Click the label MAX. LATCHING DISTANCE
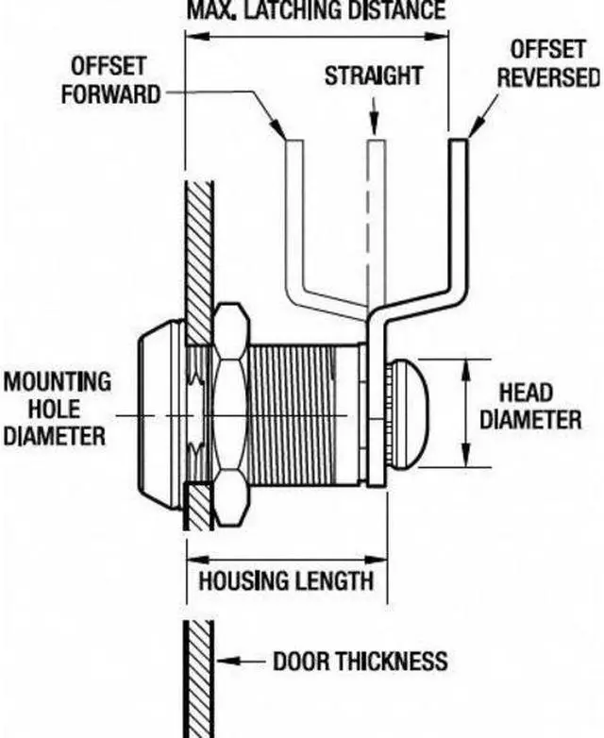[316, 10]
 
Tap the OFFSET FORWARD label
[110, 80]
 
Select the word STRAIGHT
[374, 75]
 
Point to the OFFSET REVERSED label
[548, 64]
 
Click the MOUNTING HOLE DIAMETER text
[57, 409]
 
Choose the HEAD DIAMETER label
[530, 406]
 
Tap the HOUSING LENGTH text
[286, 580]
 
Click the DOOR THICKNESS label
[361, 662]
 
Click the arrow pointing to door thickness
[241, 662]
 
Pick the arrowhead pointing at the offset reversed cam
[476, 127]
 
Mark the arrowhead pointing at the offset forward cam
[278, 128]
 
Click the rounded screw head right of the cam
[406, 414]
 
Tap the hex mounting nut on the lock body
[229, 414]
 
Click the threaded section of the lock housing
[291, 414]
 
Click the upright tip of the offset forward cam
[294, 143]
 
